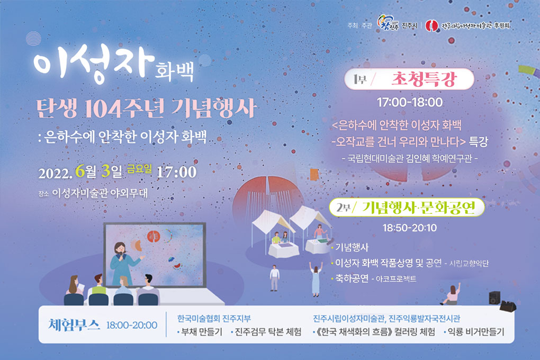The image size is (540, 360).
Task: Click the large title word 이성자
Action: click(94, 65)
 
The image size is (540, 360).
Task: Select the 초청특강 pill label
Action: click(424, 79)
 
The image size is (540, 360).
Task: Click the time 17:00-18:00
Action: click(409, 102)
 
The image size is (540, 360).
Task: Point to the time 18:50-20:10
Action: click(409, 228)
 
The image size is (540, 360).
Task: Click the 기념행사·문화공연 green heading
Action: click(418, 208)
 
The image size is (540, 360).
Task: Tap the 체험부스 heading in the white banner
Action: click(74, 325)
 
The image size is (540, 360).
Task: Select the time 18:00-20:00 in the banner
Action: click(131, 325)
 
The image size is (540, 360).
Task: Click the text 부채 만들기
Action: click(202, 332)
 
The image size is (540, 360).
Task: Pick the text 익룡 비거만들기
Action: click(475, 332)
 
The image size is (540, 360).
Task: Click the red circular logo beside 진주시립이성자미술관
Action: click(431, 25)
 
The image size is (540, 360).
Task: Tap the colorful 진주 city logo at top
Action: click(388, 23)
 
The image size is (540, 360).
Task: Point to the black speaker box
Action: click(494, 298)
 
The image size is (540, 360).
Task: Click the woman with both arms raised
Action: click(316, 279)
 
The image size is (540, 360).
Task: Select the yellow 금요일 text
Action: click(139, 168)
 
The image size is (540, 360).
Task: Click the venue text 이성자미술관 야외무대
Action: click(100, 193)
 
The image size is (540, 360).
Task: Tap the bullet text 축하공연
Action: click(352, 278)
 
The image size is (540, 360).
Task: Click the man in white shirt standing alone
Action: click(274, 278)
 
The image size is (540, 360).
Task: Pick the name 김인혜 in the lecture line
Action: click(418, 158)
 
